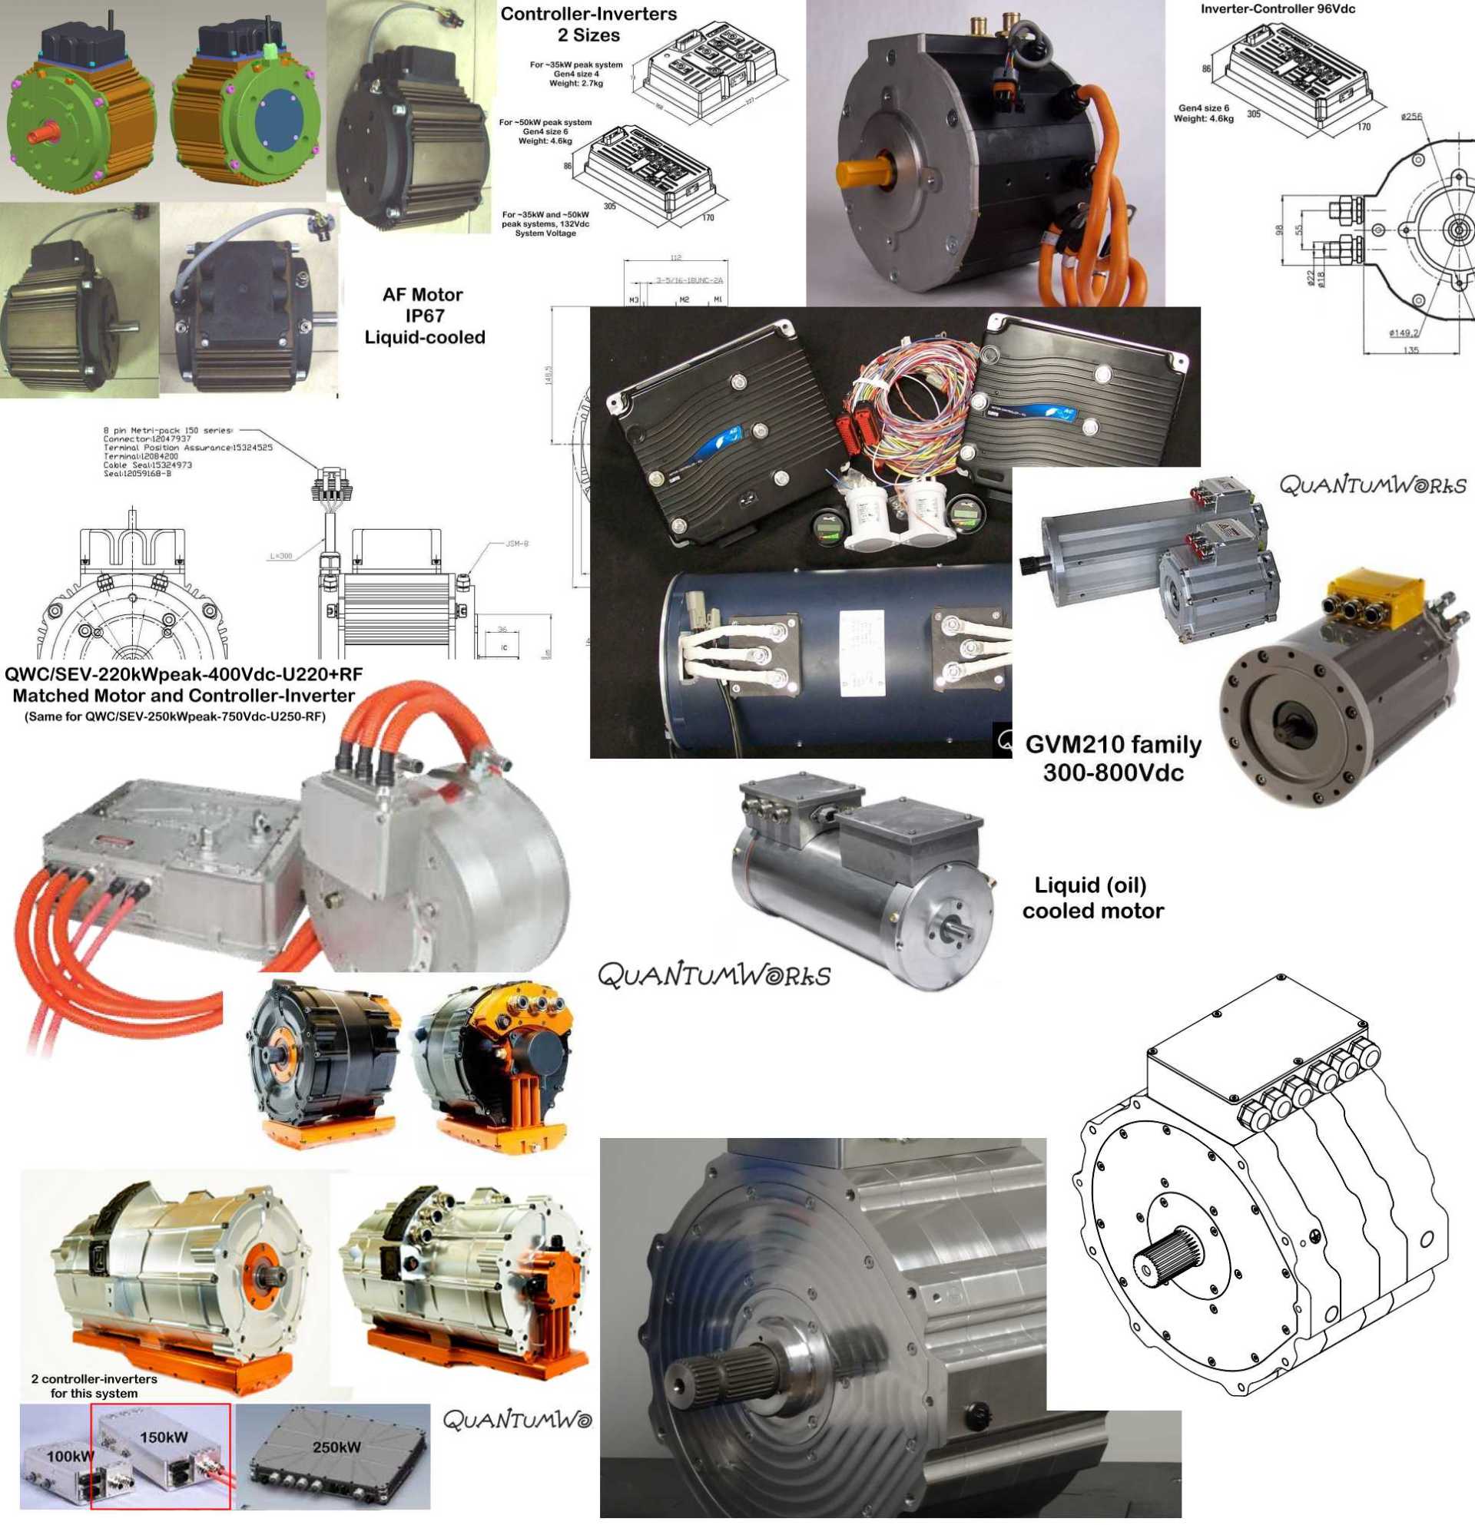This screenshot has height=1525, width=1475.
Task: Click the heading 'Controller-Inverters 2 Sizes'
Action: pos(588,24)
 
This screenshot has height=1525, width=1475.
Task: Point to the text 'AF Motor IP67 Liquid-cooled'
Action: pos(424,316)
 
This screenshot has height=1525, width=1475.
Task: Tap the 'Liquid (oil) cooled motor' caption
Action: pos(1092,898)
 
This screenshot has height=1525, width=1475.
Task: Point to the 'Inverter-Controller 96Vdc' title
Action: pos(1278,9)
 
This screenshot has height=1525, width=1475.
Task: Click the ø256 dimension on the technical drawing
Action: pos(1411,117)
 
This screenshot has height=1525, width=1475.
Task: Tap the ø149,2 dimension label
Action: pos(1404,333)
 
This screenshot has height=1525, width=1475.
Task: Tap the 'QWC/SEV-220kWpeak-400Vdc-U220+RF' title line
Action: pos(183,673)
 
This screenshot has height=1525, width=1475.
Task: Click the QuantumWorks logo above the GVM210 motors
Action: pos(1372,486)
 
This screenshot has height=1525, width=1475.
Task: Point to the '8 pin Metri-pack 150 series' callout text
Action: pos(167,430)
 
